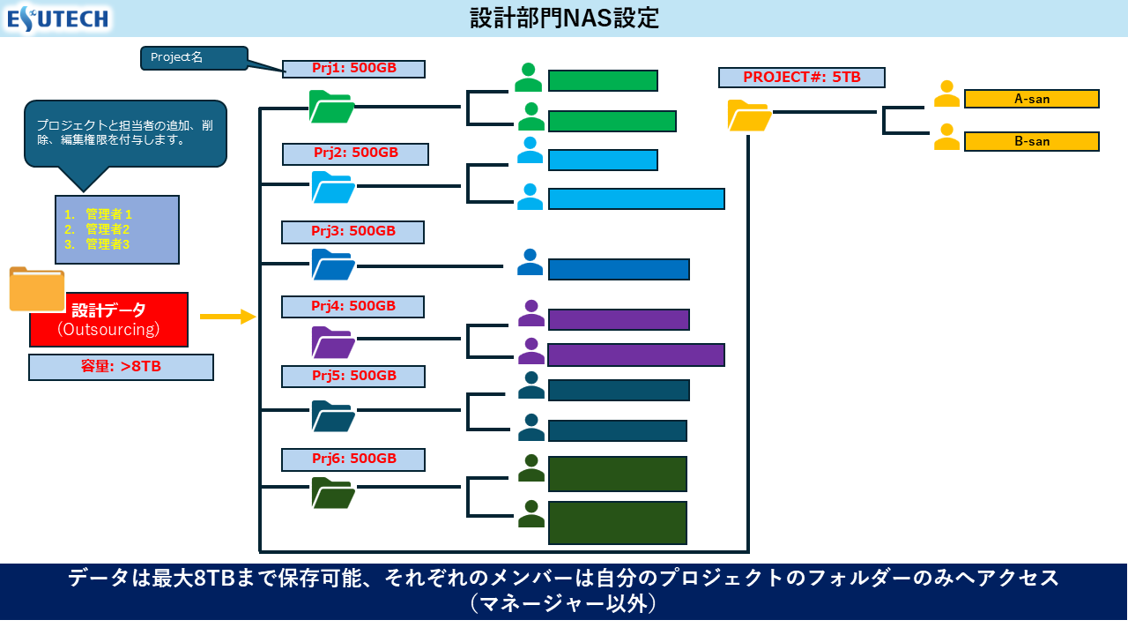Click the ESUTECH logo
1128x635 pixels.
[58, 18]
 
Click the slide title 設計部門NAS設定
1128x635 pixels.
[564, 18]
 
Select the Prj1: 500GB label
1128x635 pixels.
[353, 69]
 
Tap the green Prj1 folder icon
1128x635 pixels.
[331, 107]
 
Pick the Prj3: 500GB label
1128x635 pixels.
[352, 232]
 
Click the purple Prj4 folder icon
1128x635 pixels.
[333, 341]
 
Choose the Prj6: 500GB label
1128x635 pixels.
[352, 459]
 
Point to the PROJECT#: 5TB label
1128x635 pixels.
[801, 78]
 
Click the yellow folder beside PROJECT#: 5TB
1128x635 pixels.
[749, 116]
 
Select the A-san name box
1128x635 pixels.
[1031, 99]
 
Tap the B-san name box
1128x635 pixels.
[1031, 141]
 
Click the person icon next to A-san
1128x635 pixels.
[946, 93]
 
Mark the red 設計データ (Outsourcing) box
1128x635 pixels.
[108, 319]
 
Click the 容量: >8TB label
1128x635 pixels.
[121, 367]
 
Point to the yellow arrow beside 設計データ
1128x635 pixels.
[227, 317]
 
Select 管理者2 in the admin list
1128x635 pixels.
[107, 229]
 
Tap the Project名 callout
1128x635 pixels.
[194, 58]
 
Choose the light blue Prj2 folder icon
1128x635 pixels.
[333, 187]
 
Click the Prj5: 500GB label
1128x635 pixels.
[352, 376]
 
